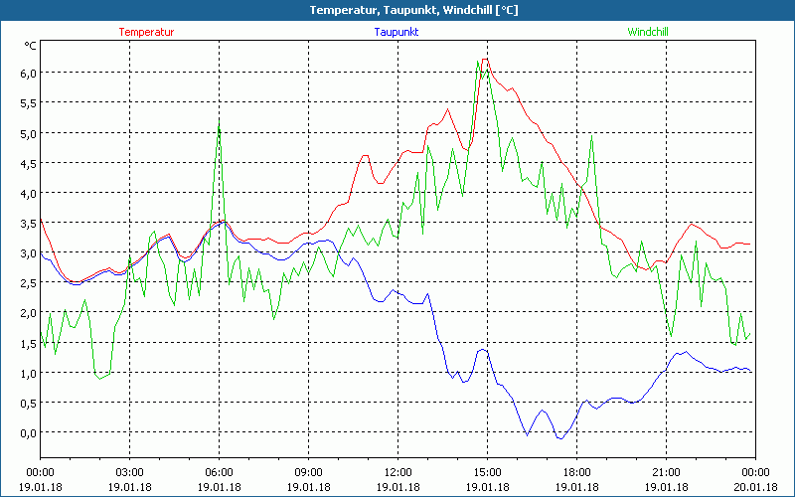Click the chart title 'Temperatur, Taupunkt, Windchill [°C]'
click(397, 10)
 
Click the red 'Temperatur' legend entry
click(146, 32)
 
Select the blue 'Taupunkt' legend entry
click(397, 32)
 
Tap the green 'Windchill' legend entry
click(647, 32)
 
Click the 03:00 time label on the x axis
click(129, 472)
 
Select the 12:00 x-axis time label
click(397, 472)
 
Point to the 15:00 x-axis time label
click(487, 472)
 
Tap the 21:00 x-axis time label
click(666, 472)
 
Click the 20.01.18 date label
click(754, 487)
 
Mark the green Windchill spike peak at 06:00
click(219, 122)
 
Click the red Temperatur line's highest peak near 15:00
click(485, 60)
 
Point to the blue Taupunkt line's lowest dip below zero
click(561, 438)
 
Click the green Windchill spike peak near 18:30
click(591, 137)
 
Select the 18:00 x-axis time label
click(576, 472)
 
